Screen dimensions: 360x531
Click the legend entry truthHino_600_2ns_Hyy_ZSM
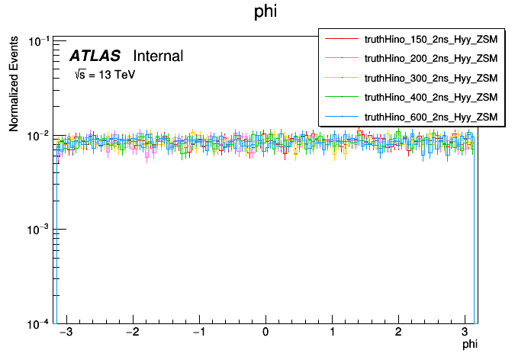click(x=431, y=117)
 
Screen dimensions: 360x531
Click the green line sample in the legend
click(x=342, y=97)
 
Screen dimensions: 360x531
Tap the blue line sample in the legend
click(x=342, y=117)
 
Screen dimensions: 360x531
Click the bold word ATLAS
click(x=95, y=56)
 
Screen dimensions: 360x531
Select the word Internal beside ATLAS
click(x=158, y=56)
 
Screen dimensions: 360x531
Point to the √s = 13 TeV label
click(x=105, y=76)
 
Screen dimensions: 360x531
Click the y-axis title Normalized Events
click(x=14, y=84)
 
